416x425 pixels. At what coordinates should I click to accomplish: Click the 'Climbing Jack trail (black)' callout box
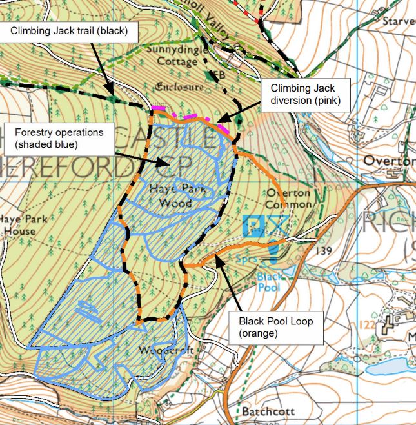click(x=68, y=30)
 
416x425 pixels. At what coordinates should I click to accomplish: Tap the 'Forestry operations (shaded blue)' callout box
click(x=61, y=139)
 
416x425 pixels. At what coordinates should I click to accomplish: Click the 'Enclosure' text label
click(x=179, y=86)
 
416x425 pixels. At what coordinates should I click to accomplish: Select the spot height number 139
click(x=323, y=252)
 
